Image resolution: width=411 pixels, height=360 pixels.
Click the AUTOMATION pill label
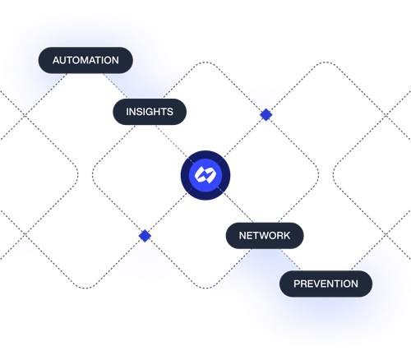[x=85, y=61]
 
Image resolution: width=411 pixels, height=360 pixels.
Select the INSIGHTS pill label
[x=150, y=112]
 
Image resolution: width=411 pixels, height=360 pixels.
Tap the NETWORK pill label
[x=264, y=235]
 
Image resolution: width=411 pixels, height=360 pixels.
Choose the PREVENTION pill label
[x=326, y=284]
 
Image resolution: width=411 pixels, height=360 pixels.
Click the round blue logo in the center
[x=205, y=173]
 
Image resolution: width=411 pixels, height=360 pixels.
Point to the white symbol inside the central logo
[x=205, y=173]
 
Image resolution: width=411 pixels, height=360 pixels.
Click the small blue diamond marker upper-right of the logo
[x=265, y=114]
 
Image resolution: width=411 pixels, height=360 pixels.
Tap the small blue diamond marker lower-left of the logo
[x=145, y=234]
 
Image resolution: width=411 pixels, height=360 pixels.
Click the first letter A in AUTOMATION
[x=56, y=61]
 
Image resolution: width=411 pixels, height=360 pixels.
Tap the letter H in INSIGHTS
[x=158, y=112]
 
